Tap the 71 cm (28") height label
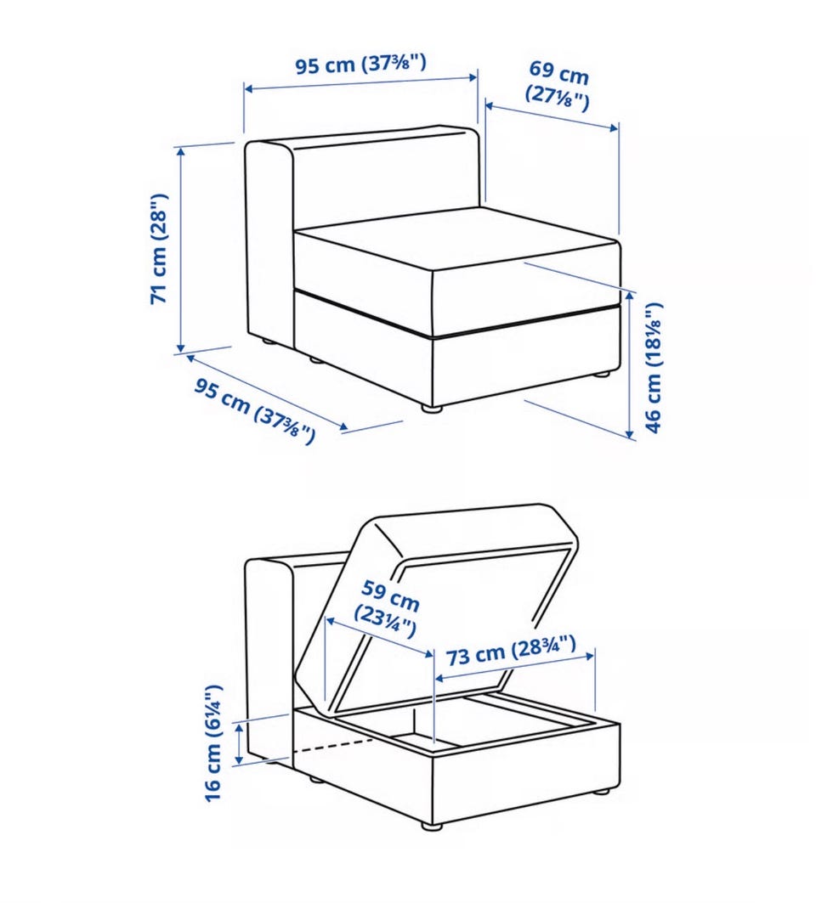[158, 248]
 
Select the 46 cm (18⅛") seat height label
[654, 368]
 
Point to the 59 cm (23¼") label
[387, 609]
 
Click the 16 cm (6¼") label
[212, 743]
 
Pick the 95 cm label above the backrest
[361, 63]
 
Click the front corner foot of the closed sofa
[431, 409]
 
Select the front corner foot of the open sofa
[431, 825]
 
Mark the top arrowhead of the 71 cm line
[181, 152]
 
